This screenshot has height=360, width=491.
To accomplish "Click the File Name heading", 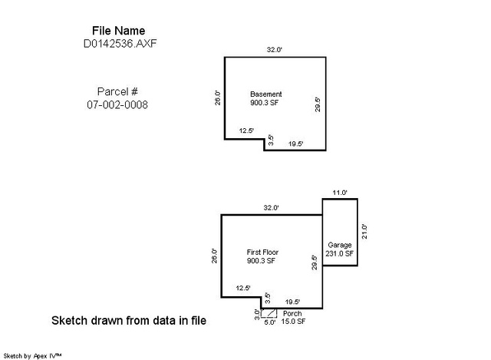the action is [x=118, y=31].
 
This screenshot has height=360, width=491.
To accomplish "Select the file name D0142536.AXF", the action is [x=120, y=44].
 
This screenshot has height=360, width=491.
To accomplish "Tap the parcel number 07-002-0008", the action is [x=117, y=104].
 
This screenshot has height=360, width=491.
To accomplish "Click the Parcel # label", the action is [x=117, y=91].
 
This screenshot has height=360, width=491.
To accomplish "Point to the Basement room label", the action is [x=266, y=94].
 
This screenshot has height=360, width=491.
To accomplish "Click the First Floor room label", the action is [x=262, y=253].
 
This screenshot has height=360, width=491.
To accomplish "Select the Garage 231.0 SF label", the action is [x=339, y=249].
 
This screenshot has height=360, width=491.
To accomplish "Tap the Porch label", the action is [x=292, y=313].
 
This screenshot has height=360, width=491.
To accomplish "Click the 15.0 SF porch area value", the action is [x=293, y=321].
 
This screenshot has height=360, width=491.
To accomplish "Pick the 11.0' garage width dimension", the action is [x=340, y=193].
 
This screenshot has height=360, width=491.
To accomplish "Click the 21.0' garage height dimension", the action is [x=364, y=232].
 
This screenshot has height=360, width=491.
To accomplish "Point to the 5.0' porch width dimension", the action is [x=269, y=322].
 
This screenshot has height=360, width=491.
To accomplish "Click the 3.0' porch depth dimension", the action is [x=257, y=314].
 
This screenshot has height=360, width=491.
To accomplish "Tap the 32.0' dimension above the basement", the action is [x=275, y=49].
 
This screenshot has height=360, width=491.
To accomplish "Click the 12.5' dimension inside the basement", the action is [x=246, y=130].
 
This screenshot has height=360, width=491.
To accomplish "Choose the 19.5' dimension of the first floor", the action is [x=292, y=302].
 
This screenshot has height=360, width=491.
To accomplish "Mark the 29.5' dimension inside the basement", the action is [x=318, y=104].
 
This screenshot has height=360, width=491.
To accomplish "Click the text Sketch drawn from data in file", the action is [x=129, y=321].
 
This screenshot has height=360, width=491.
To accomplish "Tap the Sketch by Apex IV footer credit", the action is [x=32, y=356].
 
